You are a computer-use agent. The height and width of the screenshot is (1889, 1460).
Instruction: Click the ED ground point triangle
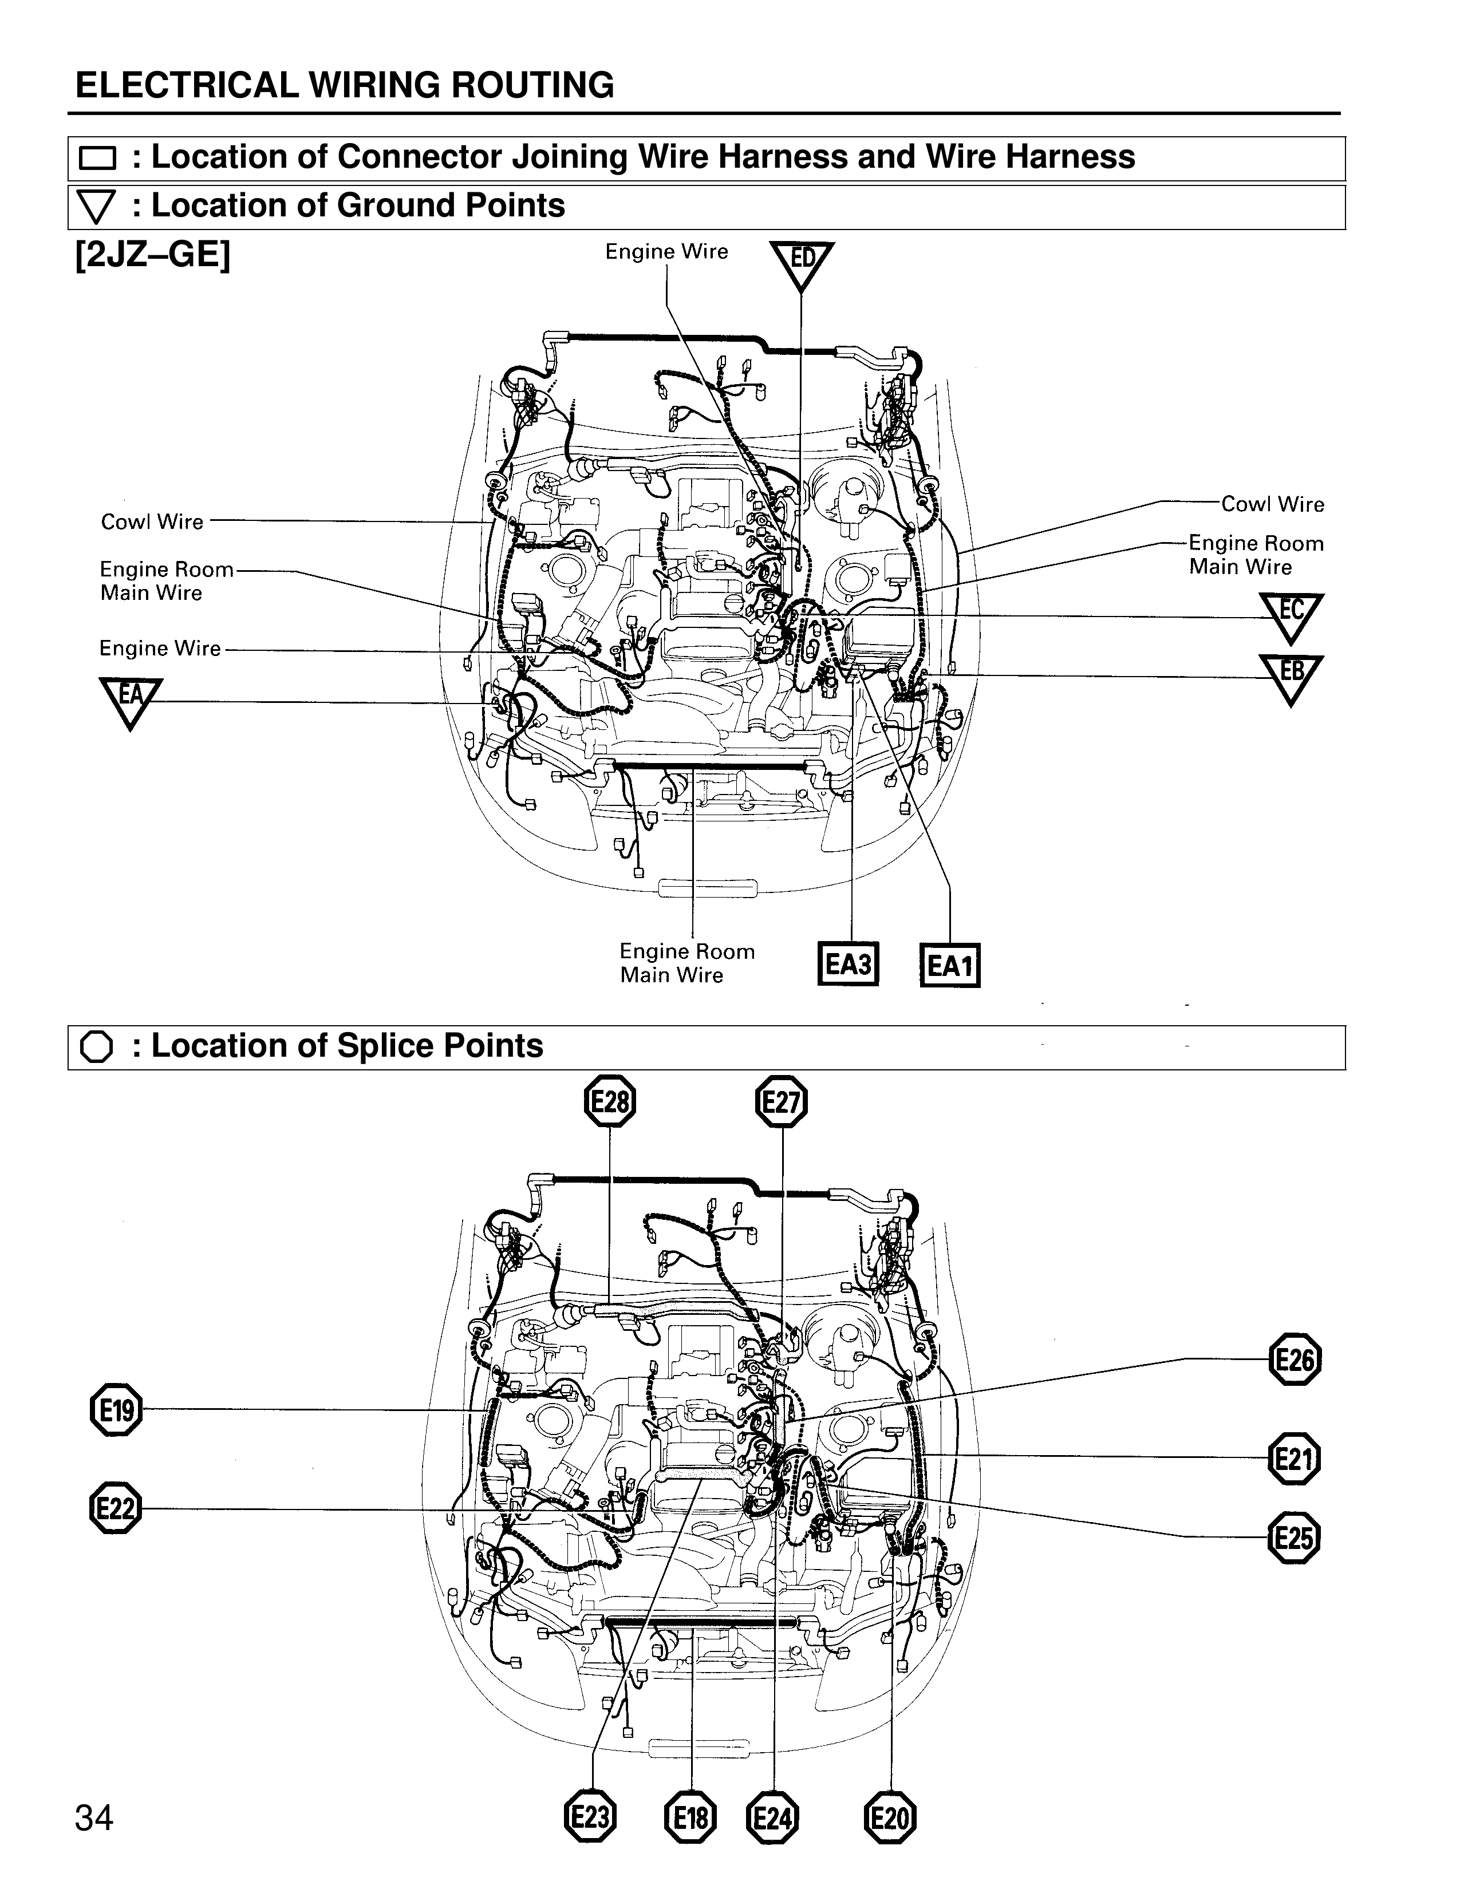[801, 262]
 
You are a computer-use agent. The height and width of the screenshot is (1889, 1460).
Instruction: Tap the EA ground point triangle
[131, 698]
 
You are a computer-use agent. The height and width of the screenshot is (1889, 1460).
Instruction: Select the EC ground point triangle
[1291, 613]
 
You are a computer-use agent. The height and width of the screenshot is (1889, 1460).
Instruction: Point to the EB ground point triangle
[1291, 675]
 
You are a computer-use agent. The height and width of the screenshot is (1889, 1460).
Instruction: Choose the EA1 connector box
[950, 965]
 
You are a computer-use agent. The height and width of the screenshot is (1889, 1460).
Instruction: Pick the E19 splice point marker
[116, 1410]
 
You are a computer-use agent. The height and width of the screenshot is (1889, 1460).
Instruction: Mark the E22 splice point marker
[115, 1509]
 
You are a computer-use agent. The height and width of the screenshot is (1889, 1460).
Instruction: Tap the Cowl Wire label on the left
[152, 521]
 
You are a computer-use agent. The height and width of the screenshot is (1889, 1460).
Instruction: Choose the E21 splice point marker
[1294, 1459]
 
